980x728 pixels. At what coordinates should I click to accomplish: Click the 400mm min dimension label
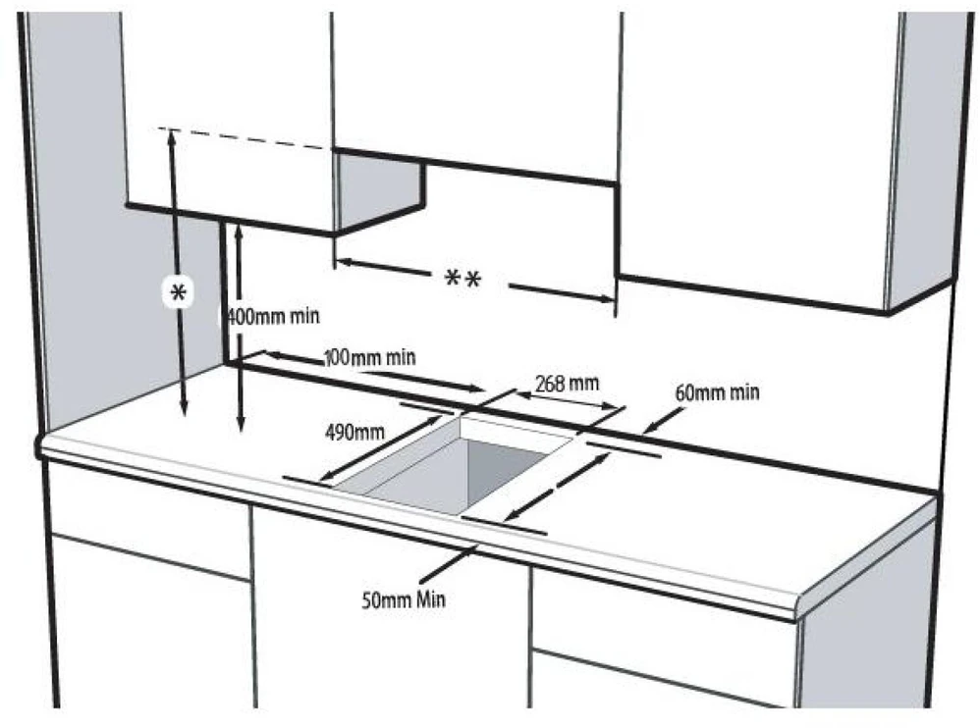pos(272,316)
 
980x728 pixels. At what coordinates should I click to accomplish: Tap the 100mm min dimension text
pos(370,358)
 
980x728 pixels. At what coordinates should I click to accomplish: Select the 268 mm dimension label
pos(567,383)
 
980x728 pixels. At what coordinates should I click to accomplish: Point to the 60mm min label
pos(718,392)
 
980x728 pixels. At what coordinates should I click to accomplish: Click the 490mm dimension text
pos(355,432)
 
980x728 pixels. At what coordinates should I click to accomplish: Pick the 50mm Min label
pos(404,600)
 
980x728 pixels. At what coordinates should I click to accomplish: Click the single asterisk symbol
pos(179,292)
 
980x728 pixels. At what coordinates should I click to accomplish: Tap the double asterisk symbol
pos(463,279)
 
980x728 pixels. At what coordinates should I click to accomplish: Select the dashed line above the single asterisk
pos(244,138)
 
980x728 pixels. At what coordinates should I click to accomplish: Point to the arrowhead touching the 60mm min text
pos(650,428)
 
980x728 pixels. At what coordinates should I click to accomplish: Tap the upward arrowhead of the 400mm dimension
pos(238,233)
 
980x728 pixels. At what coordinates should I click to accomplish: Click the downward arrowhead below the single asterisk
pos(184,407)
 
